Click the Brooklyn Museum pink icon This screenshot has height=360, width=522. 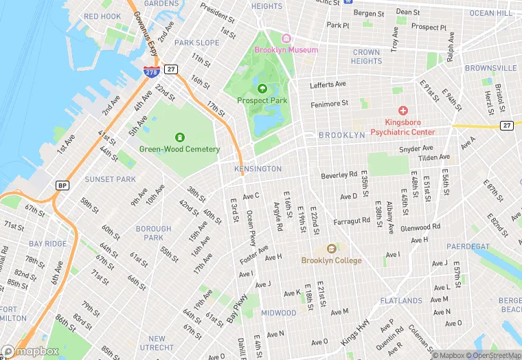point(286,38)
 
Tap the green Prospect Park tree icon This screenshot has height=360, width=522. point(262,88)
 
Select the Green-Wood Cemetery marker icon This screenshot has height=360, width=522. point(180,137)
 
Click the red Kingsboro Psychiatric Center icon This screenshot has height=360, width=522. point(402,110)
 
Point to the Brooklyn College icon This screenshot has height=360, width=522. point(330,249)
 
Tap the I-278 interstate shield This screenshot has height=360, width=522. point(150,71)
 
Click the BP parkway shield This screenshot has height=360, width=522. point(62,185)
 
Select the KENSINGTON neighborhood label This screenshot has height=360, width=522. point(258,169)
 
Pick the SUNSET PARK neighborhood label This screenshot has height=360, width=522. point(110,179)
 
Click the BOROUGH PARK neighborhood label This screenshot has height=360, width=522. point(153,233)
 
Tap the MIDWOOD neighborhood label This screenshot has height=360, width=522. point(279,313)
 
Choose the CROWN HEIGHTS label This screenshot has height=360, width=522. point(366,56)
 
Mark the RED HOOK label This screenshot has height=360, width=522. point(102,16)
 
